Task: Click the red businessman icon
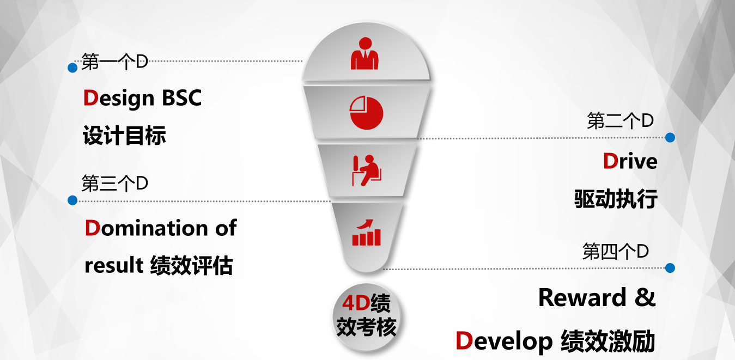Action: click(365, 53)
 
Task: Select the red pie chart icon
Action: click(366, 112)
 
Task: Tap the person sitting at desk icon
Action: click(367, 170)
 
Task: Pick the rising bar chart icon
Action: click(366, 233)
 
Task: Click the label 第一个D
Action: click(114, 62)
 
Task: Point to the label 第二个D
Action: click(620, 121)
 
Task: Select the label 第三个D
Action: click(114, 183)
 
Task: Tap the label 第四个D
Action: click(616, 252)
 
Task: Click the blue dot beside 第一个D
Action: click(72, 68)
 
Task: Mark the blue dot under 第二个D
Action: click(670, 138)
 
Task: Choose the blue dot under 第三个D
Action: click(72, 200)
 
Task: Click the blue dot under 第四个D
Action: click(670, 268)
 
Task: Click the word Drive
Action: click(630, 161)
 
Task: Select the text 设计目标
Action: click(124, 136)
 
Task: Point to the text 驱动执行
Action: click(616, 199)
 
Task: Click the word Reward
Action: click(583, 297)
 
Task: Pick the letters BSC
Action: click(182, 97)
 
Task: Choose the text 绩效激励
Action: click(608, 341)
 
